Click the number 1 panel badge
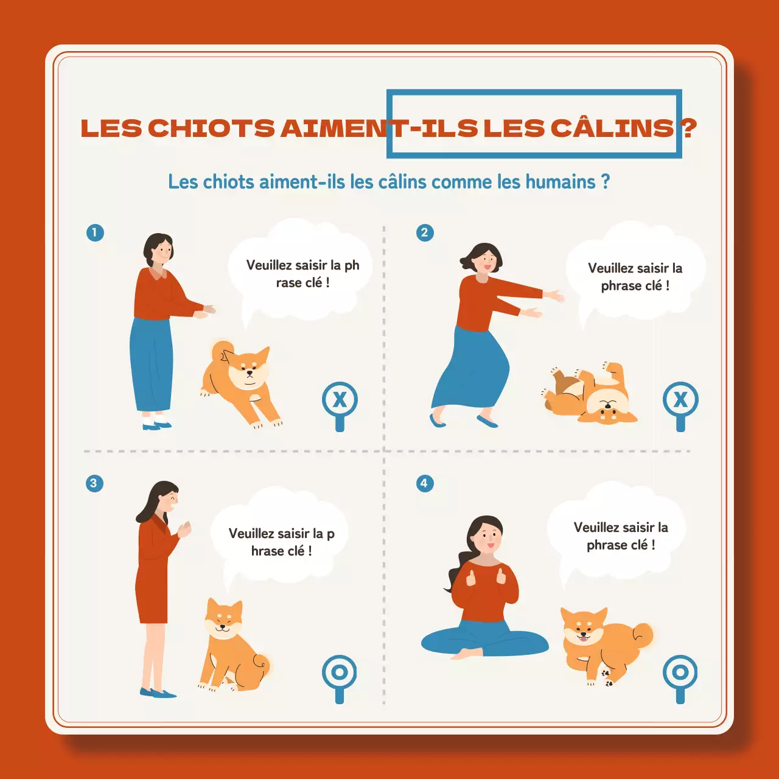point(95,232)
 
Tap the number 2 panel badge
point(425,232)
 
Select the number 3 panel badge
point(94,483)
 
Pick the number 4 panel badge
point(425,483)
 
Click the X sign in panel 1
point(340,400)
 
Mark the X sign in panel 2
point(680,400)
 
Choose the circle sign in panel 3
point(340,672)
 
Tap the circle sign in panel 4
point(680,672)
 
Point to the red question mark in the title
point(689,128)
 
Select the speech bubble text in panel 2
point(635,277)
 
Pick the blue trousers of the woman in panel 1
point(151,365)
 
